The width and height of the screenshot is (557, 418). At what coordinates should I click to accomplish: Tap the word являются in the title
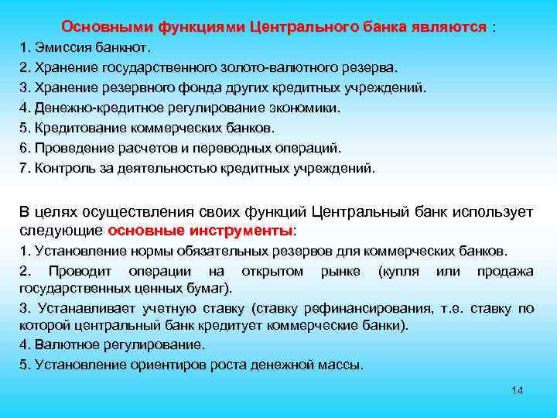pyautogui.click(x=450, y=27)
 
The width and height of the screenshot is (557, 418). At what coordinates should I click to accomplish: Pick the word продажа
pyautogui.click(x=505, y=271)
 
